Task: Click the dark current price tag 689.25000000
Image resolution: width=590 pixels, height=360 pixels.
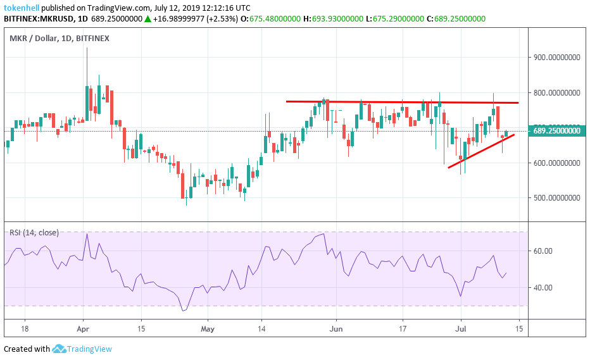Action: pos(556,131)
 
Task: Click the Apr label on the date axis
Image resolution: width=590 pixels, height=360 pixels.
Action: pos(83,329)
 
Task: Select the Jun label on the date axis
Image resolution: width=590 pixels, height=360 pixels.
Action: pos(336,329)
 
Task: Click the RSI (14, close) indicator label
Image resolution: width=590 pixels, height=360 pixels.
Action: pos(34,233)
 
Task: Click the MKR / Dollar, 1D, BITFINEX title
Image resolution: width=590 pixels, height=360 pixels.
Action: pos(59,39)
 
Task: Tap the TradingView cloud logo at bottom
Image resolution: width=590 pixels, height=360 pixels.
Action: pos(60,349)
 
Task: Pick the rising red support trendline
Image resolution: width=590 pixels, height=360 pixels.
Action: pos(481,151)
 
